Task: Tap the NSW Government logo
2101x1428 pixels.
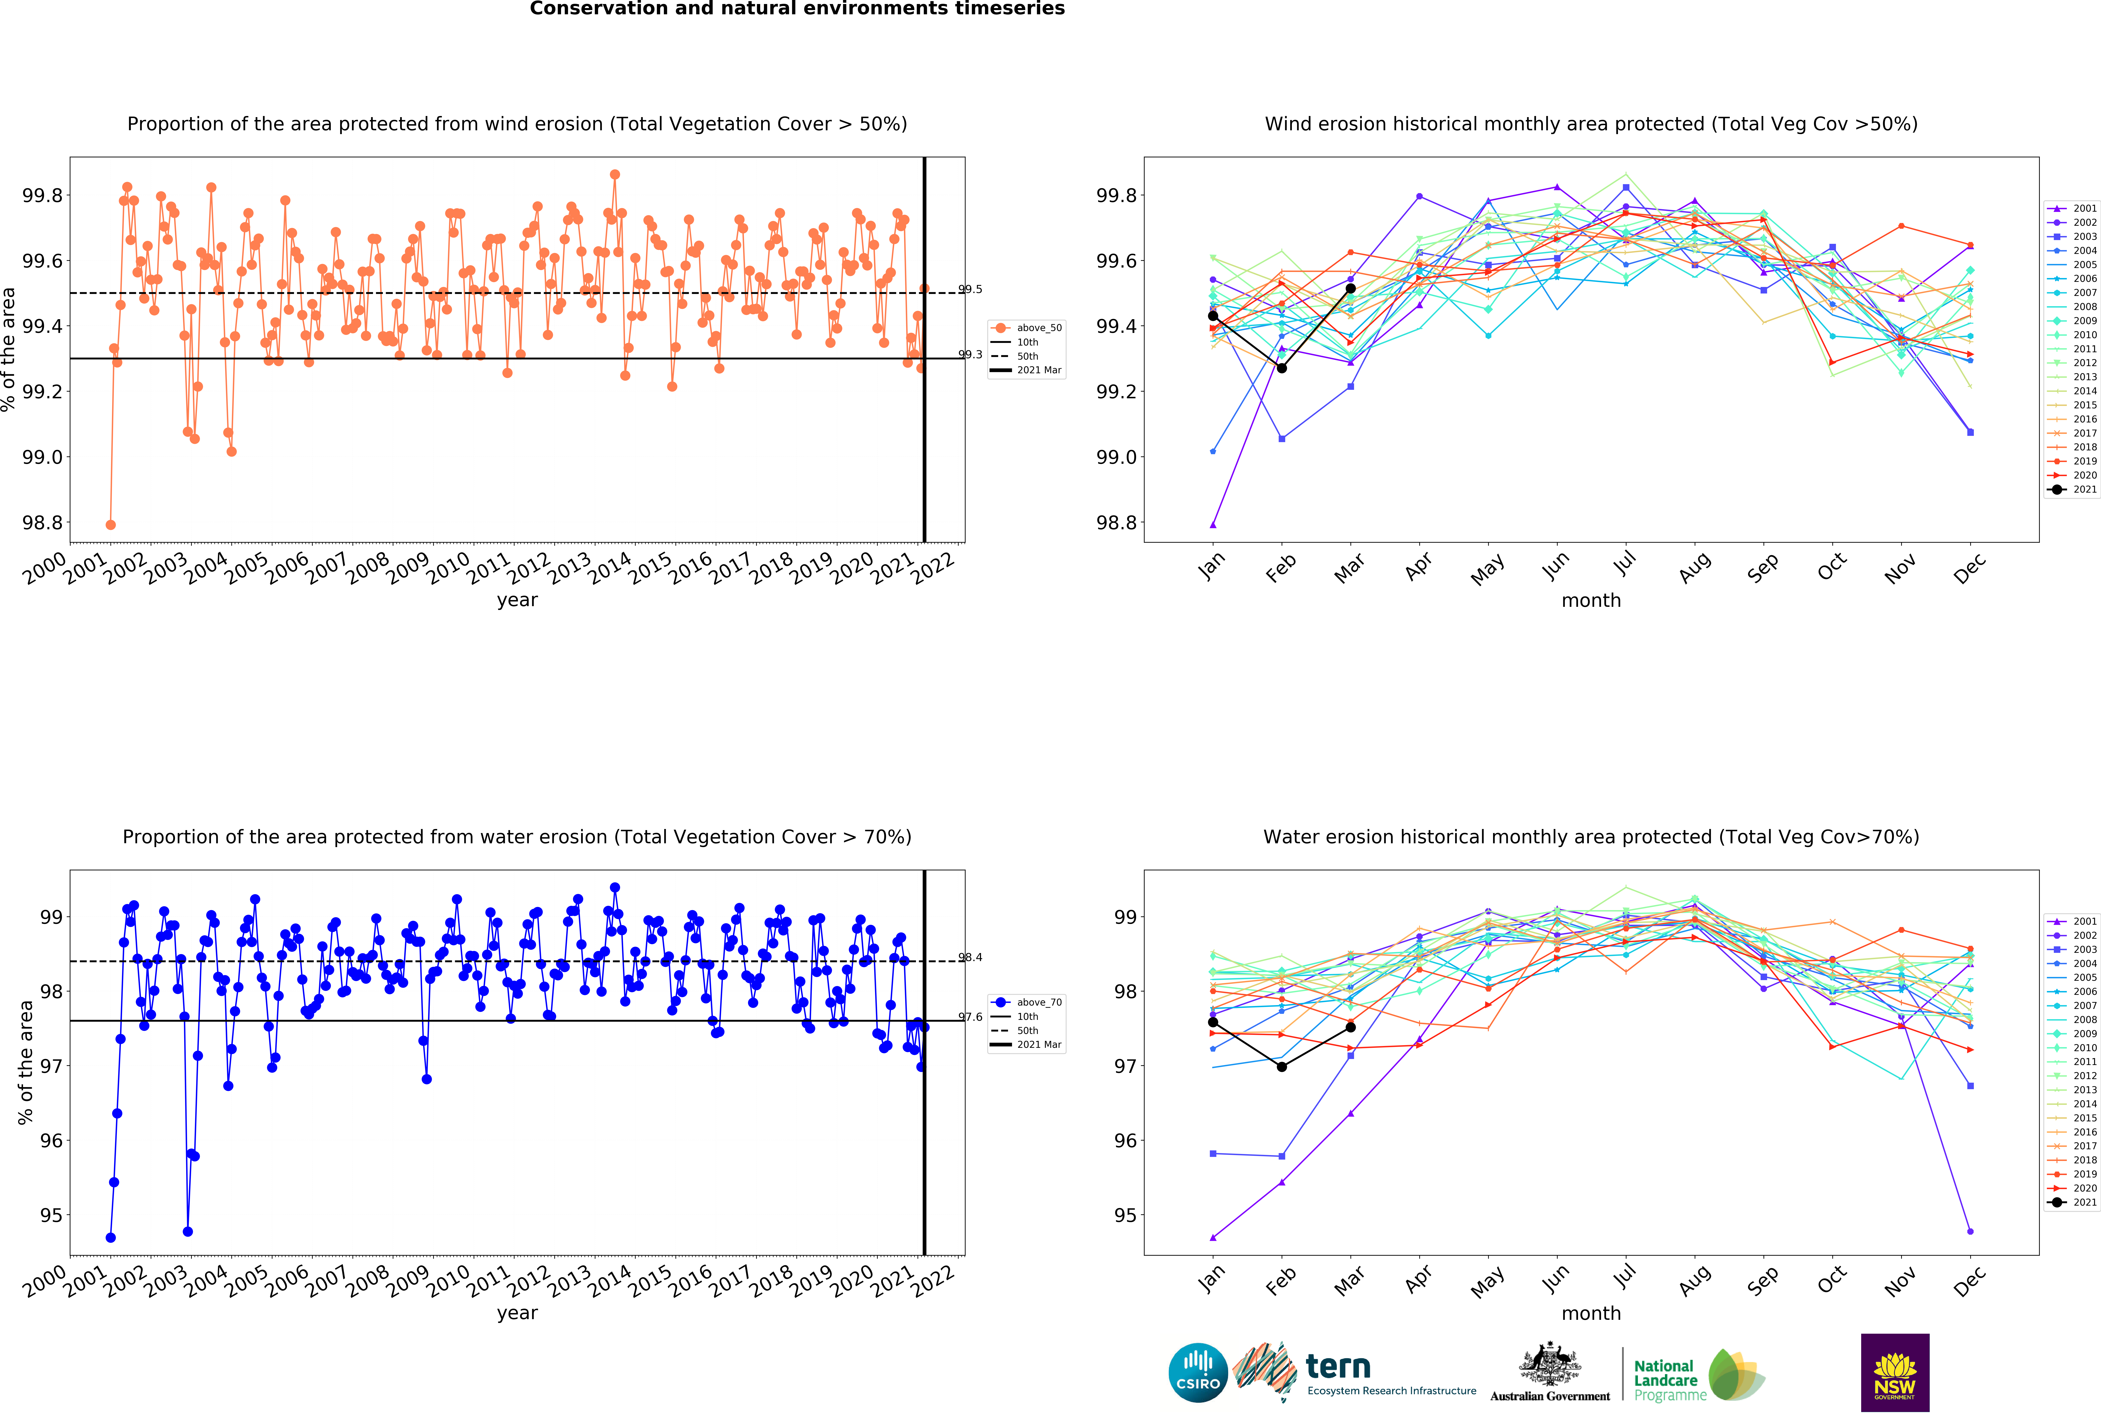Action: click(x=1895, y=1372)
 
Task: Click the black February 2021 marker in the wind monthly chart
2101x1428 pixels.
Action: click(x=1281, y=368)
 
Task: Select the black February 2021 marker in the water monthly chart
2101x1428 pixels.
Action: click(x=1281, y=1067)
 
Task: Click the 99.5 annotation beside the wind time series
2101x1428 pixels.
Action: click(x=970, y=289)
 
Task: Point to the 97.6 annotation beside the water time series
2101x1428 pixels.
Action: click(x=970, y=1017)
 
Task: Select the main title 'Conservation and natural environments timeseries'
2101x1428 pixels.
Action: click(x=797, y=9)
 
